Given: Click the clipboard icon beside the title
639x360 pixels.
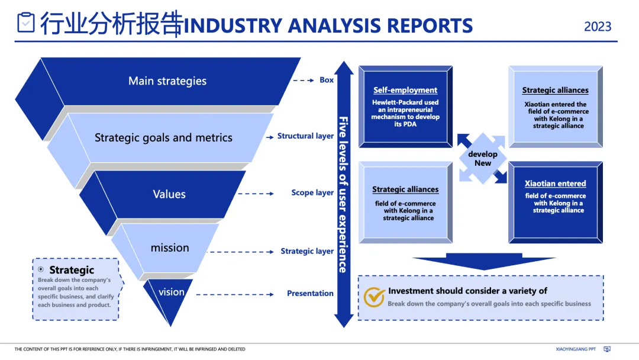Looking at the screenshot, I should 26,22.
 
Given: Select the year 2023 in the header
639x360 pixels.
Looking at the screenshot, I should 598,27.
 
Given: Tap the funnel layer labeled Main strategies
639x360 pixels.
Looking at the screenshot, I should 167,81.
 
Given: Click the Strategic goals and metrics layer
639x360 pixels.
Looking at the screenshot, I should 163,137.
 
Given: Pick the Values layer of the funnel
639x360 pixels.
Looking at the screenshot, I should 169,194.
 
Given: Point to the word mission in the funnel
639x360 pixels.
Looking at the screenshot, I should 170,247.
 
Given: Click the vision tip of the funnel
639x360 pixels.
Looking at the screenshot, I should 171,292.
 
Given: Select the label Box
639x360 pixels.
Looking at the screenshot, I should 327,80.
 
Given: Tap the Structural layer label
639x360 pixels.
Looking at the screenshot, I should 305,136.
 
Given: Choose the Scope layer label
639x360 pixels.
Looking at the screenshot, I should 312,193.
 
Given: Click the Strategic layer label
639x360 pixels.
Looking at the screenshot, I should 307,251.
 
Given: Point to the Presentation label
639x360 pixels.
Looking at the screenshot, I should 310,293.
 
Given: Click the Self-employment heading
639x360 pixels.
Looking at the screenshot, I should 405,90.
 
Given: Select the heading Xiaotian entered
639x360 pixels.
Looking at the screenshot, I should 555,184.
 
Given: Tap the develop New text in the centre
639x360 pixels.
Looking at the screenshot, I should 483,159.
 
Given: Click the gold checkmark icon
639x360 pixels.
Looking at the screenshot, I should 374,297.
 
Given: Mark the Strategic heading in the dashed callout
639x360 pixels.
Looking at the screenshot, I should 72,270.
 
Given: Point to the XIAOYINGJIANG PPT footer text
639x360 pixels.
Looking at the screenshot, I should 576,349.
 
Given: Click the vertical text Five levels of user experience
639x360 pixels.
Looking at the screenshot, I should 343,194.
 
